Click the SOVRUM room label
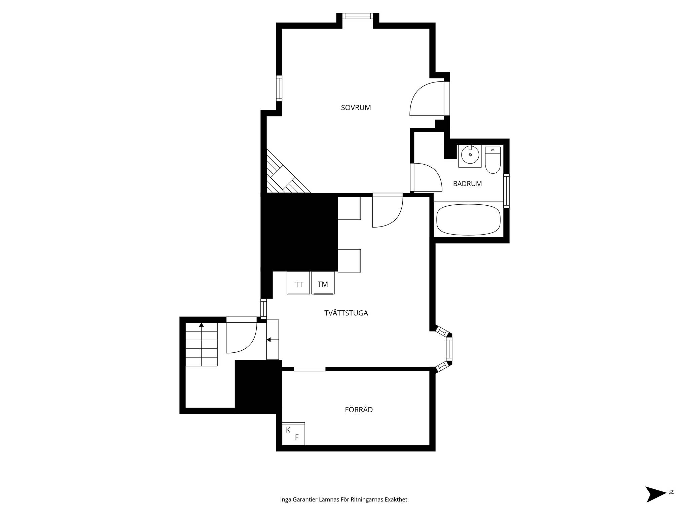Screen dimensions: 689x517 click(356, 108)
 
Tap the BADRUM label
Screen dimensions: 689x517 click(467, 184)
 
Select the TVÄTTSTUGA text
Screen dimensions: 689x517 click(346, 313)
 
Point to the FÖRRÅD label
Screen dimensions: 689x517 click(359, 410)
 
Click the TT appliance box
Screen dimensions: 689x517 click(298, 283)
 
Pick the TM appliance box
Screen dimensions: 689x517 click(323, 283)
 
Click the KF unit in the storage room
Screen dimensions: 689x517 click(293, 434)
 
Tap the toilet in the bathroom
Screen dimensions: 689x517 click(493, 160)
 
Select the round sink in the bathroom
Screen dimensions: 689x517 click(470, 156)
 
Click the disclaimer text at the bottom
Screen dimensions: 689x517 click(344, 500)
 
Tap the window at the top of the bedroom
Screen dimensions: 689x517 click(358, 16)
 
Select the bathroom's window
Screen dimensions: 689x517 click(506, 191)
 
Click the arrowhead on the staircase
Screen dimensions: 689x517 click(201, 325)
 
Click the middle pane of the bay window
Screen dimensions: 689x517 click(449, 349)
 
